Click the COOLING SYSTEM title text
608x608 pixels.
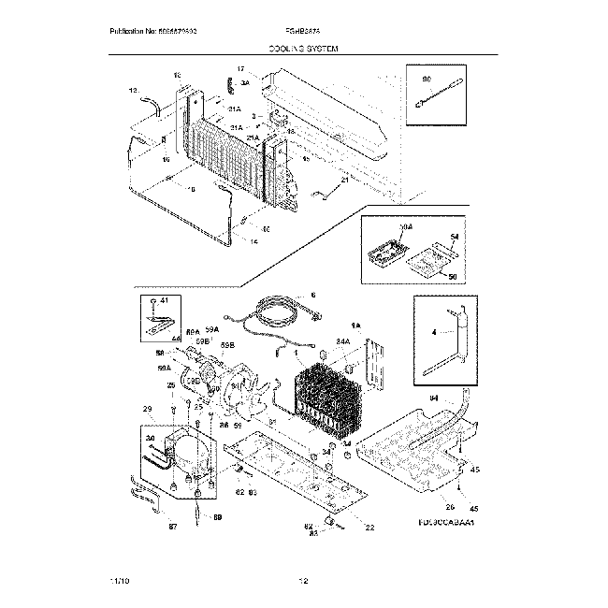click(303, 47)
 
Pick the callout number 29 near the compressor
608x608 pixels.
click(147, 410)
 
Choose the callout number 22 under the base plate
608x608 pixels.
click(369, 527)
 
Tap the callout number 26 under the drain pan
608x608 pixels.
click(450, 508)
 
